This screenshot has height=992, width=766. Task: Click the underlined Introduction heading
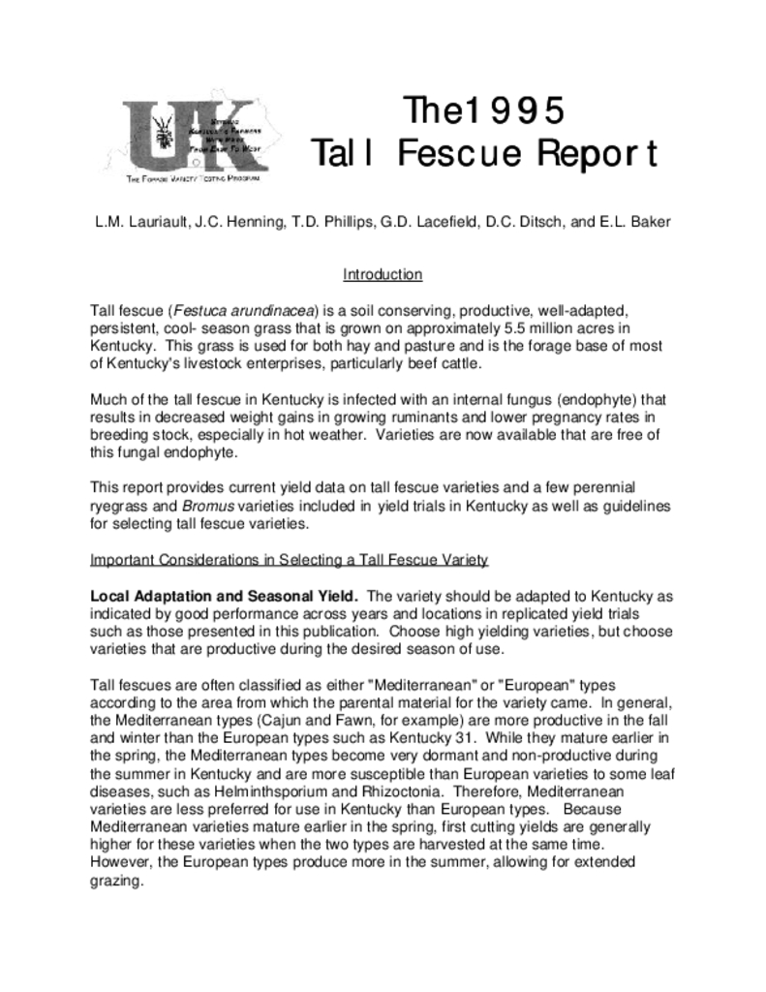point(383,274)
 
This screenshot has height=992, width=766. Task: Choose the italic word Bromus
point(202,507)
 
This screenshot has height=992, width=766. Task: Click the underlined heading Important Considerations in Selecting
point(289,560)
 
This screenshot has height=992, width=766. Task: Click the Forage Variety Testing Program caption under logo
point(193,180)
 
